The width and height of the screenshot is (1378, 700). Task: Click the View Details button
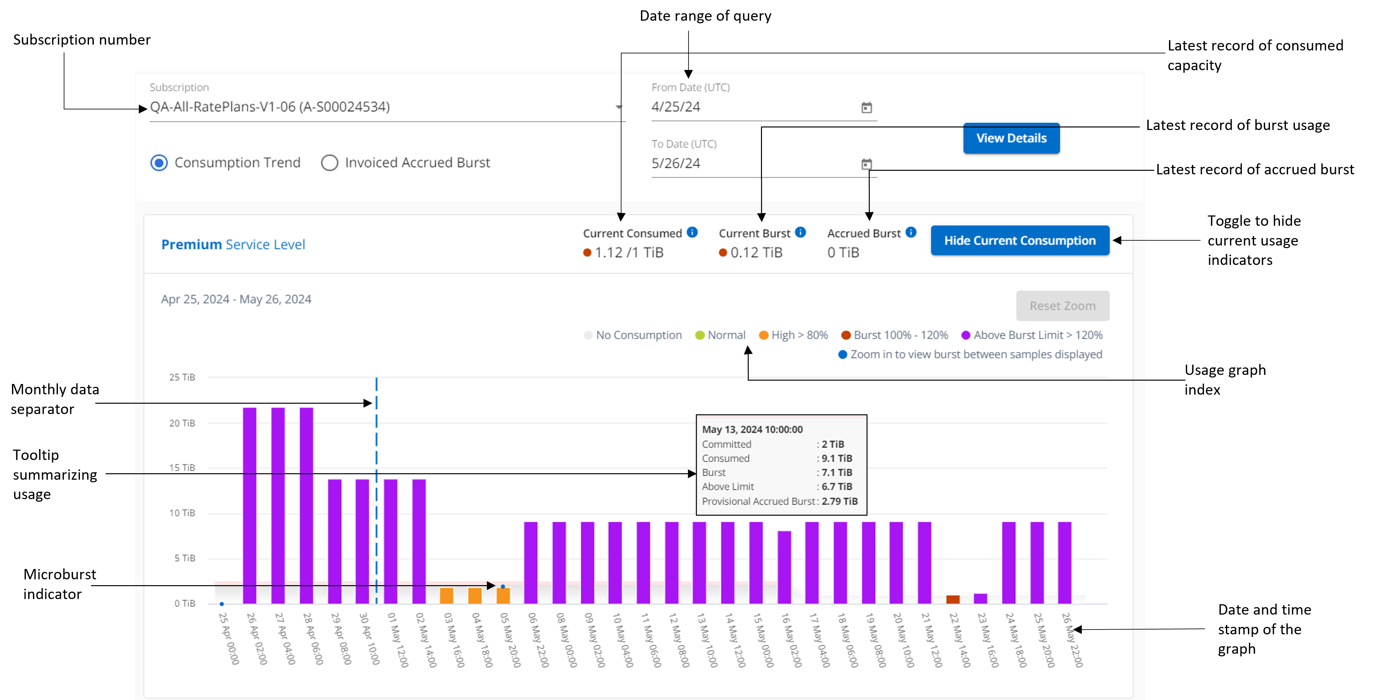point(1011,138)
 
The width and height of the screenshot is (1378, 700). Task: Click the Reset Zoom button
point(1063,306)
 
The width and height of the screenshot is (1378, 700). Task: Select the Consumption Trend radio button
point(159,163)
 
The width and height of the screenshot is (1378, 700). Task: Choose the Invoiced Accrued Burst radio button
point(329,163)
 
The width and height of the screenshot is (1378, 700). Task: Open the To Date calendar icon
point(866,164)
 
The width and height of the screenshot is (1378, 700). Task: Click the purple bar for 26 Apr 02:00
point(250,505)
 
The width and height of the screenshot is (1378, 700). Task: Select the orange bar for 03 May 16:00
point(447,596)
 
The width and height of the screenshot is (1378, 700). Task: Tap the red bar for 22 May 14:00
point(953,599)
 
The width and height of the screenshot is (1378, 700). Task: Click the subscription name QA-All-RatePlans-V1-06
point(270,107)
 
